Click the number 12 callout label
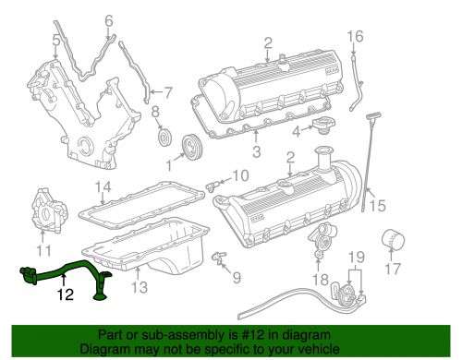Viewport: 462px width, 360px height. click(62, 295)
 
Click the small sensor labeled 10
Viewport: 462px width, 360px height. click(217, 181)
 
